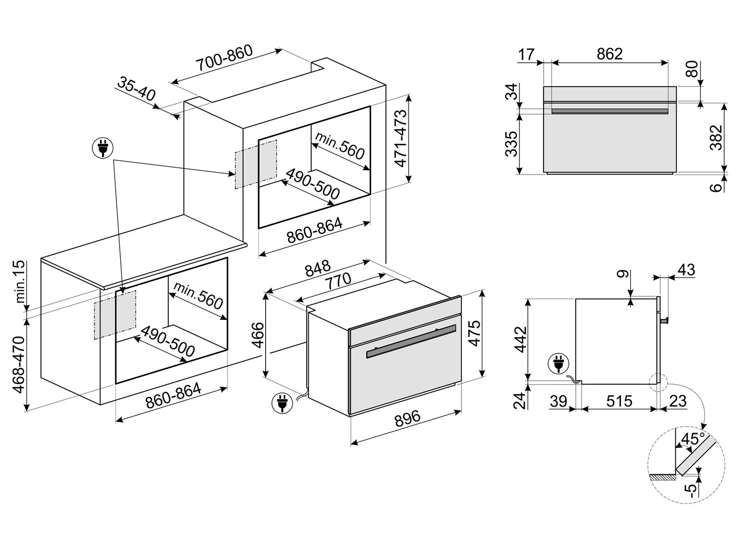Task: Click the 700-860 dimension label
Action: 224,58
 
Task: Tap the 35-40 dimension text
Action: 136,88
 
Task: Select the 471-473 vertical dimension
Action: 400,138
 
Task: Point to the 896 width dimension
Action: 407,418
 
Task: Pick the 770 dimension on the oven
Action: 338,281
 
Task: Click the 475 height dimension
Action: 475,333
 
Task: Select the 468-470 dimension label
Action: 19,364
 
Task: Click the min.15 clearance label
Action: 20,282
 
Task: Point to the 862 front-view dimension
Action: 609,54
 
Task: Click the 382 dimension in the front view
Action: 716,137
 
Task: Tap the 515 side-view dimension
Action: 619,401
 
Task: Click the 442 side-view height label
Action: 520,340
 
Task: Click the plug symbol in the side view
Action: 558,363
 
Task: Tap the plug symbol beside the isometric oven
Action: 282,403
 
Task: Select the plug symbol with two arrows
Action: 103,148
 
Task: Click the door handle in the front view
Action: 609,111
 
